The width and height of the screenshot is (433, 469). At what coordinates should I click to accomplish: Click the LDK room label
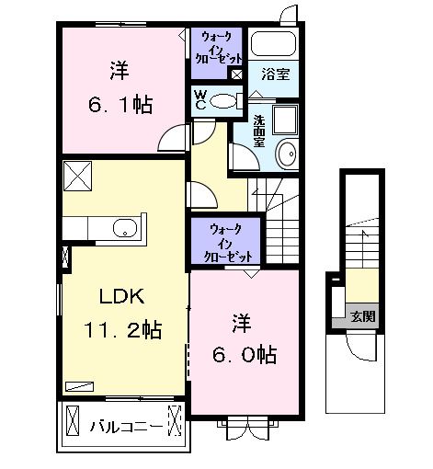pyautogui.click(x=122, y=296)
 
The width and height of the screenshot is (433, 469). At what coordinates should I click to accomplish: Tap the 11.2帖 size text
pyautogui.click(x=122, y=329)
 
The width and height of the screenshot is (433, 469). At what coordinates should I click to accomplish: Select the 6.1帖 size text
pyautogui.click(x=120, y=105)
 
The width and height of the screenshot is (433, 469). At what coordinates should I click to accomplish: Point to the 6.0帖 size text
pyautogui.click(x=245, y=355)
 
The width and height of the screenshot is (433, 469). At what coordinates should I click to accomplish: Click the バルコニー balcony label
pyautogui.click(x=126, y=427)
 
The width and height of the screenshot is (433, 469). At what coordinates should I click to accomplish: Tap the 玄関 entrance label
pyautogui.click(x=363, y=316)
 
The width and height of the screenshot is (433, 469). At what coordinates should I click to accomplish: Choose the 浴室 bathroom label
pyautogui.click(x=276, y=74)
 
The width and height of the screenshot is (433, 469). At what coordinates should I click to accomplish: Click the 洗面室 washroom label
pyautogui.click(x=259, y=131)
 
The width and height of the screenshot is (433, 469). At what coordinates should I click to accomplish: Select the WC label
pyautogui.click(x=200, y=99)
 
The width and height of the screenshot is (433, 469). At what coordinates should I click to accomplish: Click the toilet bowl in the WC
pyautogui.click(x=223, y=101)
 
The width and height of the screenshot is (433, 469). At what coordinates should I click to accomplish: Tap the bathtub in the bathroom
pyautogui.click(x=273, y=43)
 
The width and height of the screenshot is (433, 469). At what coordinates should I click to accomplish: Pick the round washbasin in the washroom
pyautogui.click(x=287, y=154)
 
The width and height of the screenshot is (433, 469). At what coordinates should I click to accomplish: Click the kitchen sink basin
pyautogui.click(x=125, y=228)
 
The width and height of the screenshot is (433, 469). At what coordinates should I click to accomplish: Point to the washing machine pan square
pyautogui.click(x=285, y=120)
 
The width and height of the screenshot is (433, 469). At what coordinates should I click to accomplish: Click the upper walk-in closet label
pyautogui.click(x=218, y=48)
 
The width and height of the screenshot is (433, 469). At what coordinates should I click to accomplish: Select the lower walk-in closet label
pyautogui.click(x=227, y=244)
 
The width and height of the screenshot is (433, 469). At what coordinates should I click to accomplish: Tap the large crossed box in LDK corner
pyautogui.click(x=77, y=176)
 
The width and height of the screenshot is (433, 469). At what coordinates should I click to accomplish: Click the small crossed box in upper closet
pyautogui.click(x=236, y=74)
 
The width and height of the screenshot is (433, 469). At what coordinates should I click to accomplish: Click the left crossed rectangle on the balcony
pyautogui.click(x=73, y=420)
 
